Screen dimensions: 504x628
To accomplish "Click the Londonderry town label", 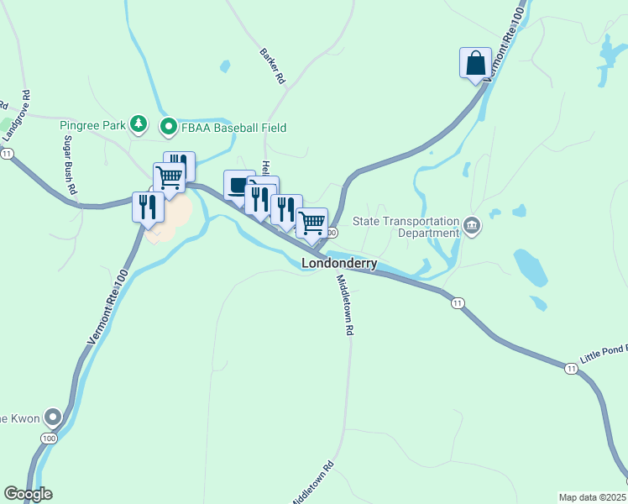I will [x=339, y=263].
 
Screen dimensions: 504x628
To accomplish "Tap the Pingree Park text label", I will [x=92, y=127].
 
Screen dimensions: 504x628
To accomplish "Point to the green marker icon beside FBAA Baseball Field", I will [x=168, y=128].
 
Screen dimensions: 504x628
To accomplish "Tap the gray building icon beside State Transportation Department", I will [x=472, y=226].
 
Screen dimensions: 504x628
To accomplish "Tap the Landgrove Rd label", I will [x=16, y=115].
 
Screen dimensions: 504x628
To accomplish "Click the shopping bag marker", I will [x=475, y=63].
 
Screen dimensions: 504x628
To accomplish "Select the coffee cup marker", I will [x=238, y=185].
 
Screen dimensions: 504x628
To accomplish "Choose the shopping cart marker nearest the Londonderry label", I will [x=311, y=223].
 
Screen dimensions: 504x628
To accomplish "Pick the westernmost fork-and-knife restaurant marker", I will [x=148, y=207].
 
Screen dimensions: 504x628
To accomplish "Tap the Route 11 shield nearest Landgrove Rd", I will [x=8, y=153].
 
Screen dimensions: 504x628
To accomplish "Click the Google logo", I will [x=28, y=493].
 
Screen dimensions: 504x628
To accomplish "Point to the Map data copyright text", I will [x=593, y=497].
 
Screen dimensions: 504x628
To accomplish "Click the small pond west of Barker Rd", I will [x=224, y=66].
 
